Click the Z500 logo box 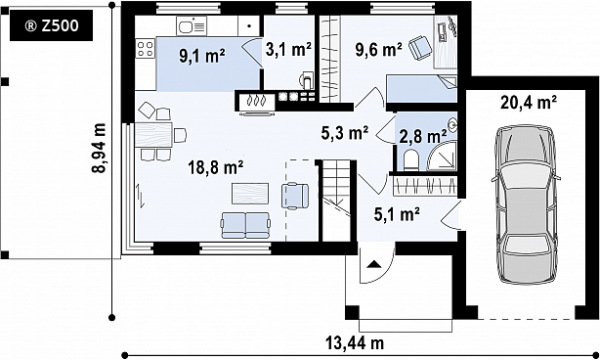click(x=51, y=26)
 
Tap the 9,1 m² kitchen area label click(x=202, y=56)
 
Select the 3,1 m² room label click(x=288, y=49)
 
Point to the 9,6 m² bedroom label click(x=378, y=49)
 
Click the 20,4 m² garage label click(x=528, y=103)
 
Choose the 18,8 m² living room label click(x=216, y=167)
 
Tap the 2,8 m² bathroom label click(x=423, y=136)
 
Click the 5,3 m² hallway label click(x=345, y=132)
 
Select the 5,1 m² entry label click(x=397, y=214)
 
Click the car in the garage click(x=524, y=205)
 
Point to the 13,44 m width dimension click(x=355, y=342)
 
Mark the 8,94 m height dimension click(x=99, y=148)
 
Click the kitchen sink click(x=191, y=26)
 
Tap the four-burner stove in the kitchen click(x=145, y=49)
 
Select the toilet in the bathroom click(x=411, y=161)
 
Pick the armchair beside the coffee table click(x=295, y=195)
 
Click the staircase click(x=336, y=201)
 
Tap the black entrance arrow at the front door click(x=373, y=264)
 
